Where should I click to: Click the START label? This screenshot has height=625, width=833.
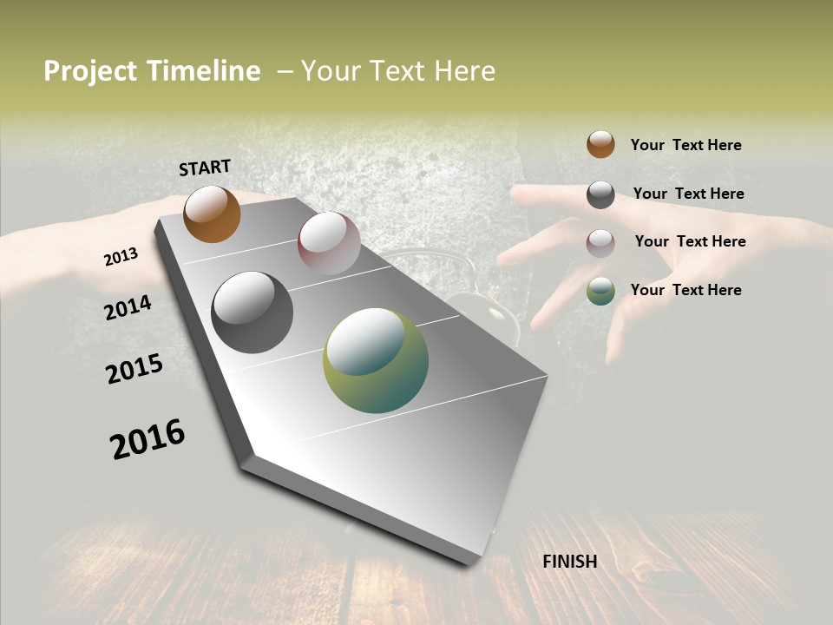205,168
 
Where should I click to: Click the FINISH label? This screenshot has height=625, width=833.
570,562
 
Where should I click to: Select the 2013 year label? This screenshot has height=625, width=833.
121,257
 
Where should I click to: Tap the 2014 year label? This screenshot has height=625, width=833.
128,307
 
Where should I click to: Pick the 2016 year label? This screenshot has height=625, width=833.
148,439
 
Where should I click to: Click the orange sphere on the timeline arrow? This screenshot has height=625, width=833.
212,214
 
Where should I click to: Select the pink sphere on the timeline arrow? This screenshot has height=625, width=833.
329,243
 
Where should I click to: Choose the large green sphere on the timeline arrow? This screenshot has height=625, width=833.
376,360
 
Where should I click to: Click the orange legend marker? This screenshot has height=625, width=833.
600,144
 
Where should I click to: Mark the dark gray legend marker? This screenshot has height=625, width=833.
600,194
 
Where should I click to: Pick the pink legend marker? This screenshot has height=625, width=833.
600,242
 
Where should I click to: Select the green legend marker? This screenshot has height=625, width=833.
600,291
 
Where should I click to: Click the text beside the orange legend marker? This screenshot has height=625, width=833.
686,145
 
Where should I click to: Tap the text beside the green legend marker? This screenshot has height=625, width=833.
686,290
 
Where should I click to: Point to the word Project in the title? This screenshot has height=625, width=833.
90,71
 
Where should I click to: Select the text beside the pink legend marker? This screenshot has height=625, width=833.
690,241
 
